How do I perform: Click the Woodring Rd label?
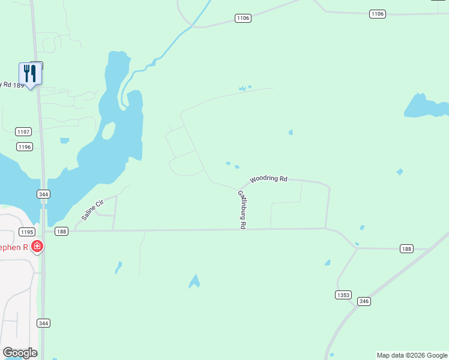coord(269,179)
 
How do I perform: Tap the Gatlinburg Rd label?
coord(242,209)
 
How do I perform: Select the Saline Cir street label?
coord(92,209)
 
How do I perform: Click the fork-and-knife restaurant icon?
coord(29,74)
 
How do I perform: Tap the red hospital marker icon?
coord(37,246)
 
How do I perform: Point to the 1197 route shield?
coord(24,131)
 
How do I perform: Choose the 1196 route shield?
coord(24,146)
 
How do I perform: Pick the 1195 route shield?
coord(26,232)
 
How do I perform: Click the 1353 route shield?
coord(343,295)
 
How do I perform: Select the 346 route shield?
coord(364,301)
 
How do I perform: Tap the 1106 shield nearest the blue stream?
coord(243,19)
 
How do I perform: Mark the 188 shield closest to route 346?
coord(407,248)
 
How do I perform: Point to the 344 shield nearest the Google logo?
coord(43,323)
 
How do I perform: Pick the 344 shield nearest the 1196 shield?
coord(43,194)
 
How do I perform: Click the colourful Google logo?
coord(20,353)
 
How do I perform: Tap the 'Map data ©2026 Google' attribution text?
coord(412,355)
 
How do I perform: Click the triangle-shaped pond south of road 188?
coord(194,281)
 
